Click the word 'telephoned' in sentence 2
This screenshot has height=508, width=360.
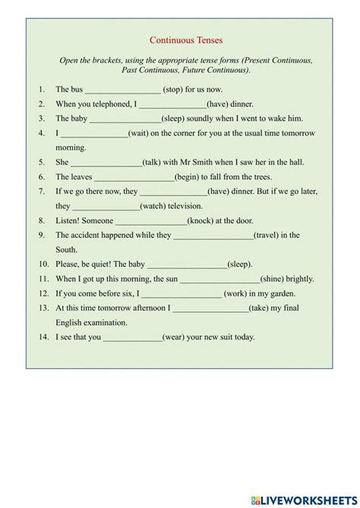pyautogui.click(x=106, y=104)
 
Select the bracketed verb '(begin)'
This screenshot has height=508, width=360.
pyautogui.click(x=188, y=177)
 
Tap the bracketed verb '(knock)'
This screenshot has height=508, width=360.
pyautogui.click(x=203, y=220)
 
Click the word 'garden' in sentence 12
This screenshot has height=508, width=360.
pyautogui.click(x=279, y=293)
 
